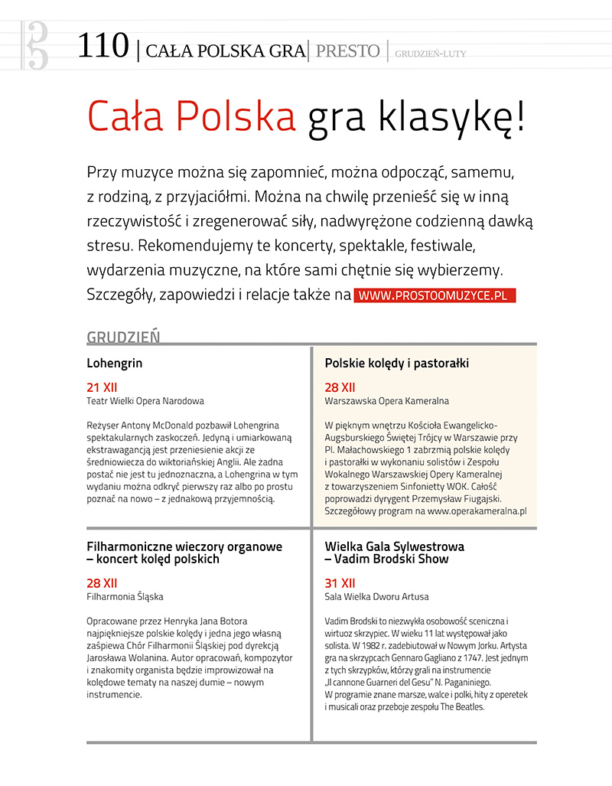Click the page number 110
tap(103, 47)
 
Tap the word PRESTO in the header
tap(347, 51)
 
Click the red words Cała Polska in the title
tap(191, 116)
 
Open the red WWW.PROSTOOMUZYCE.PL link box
tap(435, 295)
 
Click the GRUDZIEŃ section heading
tap(122, 338)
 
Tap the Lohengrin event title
tap(115, 363)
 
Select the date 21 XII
tap(102, 387)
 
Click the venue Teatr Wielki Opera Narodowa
tap(145, 400)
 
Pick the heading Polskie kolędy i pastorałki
tap(396, 363)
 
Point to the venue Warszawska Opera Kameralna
tap(386, 400)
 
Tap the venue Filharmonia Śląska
tap(125, 596)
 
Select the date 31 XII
tap(340, 583)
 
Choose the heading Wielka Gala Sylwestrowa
tap(394, 546)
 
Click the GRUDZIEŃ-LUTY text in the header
tap(431, 54)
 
